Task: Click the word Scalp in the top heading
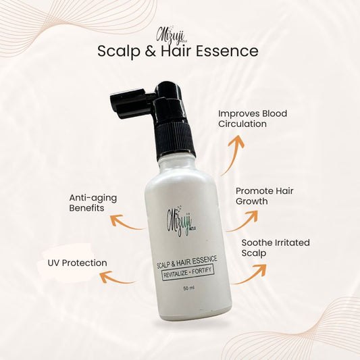(119, 51)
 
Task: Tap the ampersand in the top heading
(150, 51)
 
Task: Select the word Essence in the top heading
(227, 51)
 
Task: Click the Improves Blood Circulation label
(253, 119)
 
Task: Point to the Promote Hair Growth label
(265, 196)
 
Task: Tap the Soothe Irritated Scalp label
(276, 248)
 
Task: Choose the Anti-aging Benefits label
(93, 203)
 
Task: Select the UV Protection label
(78, 263)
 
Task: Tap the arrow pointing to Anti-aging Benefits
(125, 224)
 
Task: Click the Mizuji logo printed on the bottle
(182, 221)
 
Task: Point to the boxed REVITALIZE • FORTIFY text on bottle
(188, 272)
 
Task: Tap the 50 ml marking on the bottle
(188, 288)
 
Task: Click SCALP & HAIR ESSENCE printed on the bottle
(186, 261)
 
